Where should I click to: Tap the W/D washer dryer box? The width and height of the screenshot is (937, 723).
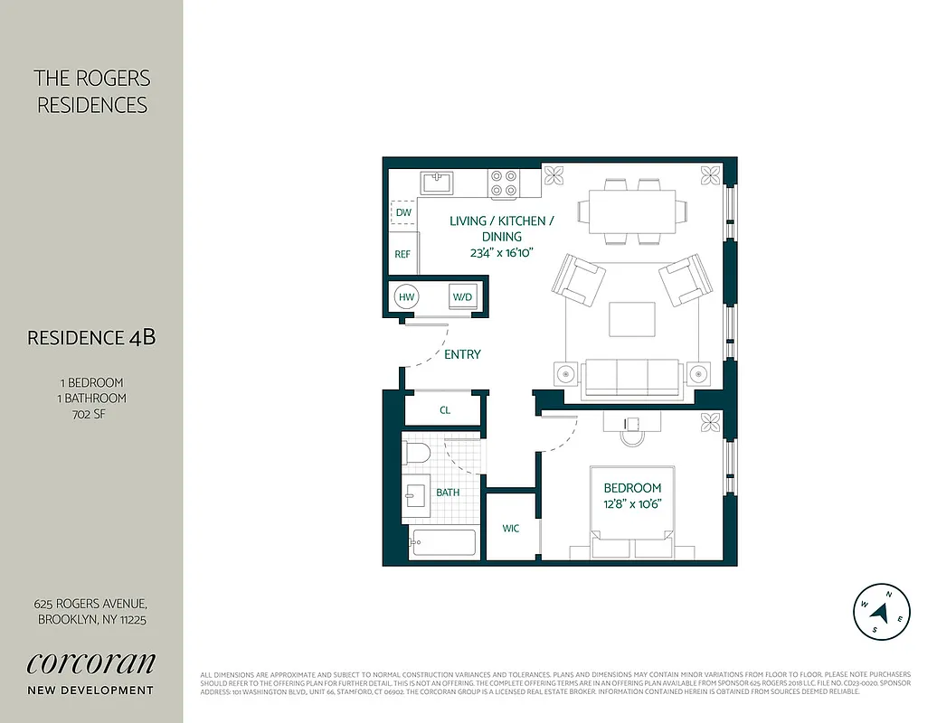(462, 296)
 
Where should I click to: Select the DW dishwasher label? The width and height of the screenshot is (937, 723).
(403, 212)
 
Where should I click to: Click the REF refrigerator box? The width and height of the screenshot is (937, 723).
(402, 254)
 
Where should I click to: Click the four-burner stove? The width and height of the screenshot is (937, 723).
(504, 183)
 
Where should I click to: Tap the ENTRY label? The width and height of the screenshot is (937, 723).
(462, 354)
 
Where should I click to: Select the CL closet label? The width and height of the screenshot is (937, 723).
(445, 409)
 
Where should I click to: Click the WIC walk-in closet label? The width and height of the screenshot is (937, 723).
(511, 528)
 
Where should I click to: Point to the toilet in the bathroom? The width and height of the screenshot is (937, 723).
(418, 454)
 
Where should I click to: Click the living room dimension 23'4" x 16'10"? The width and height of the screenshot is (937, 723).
(501, 253)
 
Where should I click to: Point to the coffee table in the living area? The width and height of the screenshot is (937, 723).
(632, 320)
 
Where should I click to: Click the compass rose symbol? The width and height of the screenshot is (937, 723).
(881, 612)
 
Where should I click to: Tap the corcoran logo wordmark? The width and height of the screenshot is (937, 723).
(90, 662)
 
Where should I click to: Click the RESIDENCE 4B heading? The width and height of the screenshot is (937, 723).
(91, 338)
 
